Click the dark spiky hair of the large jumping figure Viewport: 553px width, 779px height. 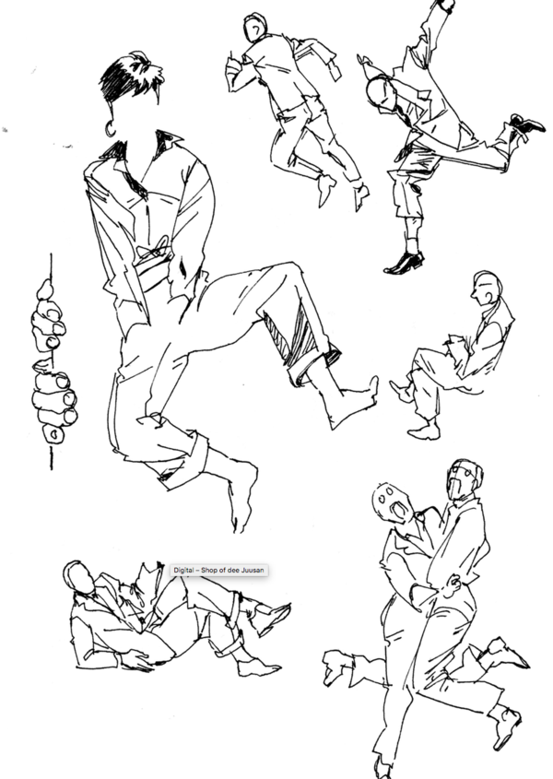130,77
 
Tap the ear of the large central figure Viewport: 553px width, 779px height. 110,129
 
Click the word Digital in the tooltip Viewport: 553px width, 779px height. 183,570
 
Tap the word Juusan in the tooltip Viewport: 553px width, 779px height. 253,570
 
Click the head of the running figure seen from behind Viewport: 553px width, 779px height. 255,28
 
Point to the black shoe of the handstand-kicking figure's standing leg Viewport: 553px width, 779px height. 404,264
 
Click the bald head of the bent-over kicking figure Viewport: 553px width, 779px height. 381,93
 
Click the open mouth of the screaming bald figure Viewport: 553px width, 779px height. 398,509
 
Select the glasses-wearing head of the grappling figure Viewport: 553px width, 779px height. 465,479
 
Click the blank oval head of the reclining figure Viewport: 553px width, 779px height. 79,578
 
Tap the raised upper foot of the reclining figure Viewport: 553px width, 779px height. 271,617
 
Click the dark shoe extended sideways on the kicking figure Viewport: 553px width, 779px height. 526,124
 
